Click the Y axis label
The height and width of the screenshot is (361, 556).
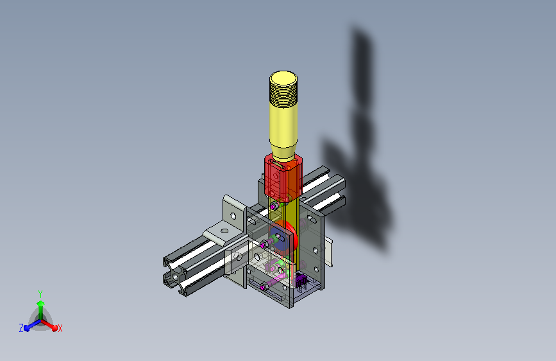tap(40, 294)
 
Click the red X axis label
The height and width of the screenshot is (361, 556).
tap(60, 329)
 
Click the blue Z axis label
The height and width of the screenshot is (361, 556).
tap(21, 328)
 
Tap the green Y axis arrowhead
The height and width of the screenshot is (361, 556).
tap(40, 303)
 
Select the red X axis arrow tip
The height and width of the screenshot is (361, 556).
tap(55, 328)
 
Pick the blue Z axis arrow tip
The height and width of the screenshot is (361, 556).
tap(27, 328)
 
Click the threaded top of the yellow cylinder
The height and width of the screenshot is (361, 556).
tap(283, 89)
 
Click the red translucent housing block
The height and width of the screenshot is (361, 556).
tap(283, 178)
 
